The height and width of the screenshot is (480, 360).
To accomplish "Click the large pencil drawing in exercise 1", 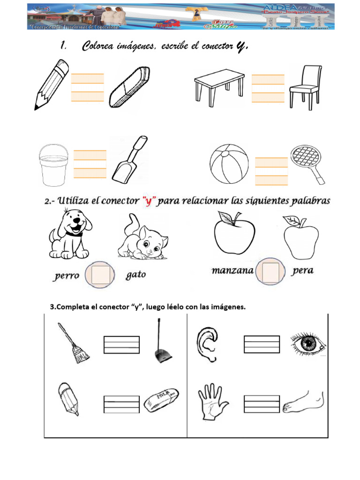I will [x=52, y=84].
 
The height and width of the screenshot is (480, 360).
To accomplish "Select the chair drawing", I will [x=305, y=87].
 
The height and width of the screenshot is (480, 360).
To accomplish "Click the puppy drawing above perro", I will [x=69, y=234].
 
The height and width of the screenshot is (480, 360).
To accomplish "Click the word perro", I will [x=66, y=276].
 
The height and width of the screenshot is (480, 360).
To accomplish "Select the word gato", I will [x=136, y=275].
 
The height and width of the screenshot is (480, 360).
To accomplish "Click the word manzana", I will [x=232, y=271].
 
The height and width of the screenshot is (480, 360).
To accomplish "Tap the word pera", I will [x=302, y=271].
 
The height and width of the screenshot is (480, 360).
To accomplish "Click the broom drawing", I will [x=74, y=344].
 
